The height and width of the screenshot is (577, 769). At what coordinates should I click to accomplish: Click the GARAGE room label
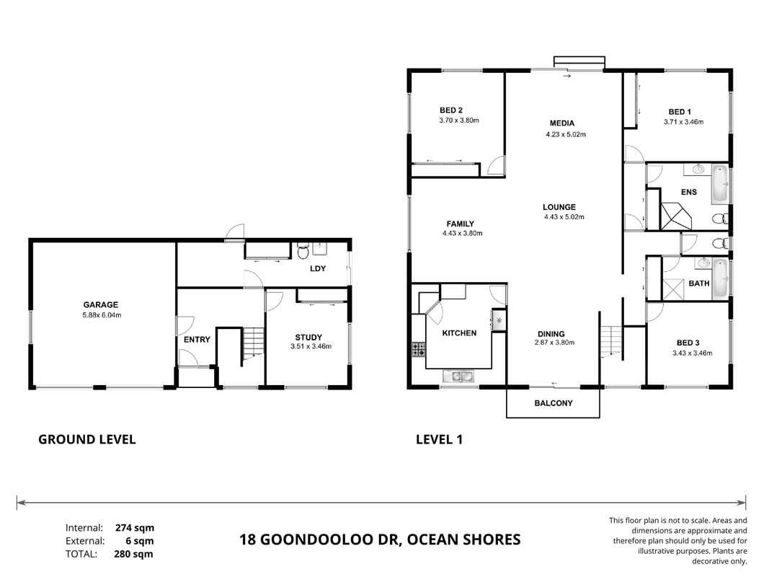click(100, 304)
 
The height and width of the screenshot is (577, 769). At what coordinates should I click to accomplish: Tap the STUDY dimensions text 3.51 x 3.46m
click(311, 346)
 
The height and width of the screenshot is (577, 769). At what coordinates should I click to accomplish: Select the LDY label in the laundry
click(318, 268)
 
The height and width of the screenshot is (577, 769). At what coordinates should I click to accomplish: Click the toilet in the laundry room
click(303, 250)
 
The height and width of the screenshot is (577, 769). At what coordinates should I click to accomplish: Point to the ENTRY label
click(197, 340)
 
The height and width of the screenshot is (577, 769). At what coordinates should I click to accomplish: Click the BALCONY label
click(554, 403)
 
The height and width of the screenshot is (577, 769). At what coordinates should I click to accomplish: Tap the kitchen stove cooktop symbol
click(418, 349)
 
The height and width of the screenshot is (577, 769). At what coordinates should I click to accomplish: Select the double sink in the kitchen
click(458, 376)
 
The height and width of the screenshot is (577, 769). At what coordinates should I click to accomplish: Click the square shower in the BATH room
click(672, 289)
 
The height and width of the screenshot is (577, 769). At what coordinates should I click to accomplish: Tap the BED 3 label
click(688, 343)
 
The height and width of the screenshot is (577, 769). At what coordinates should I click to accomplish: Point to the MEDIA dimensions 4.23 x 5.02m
click(566, 134)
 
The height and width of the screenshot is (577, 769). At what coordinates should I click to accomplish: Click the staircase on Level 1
click(612, 340)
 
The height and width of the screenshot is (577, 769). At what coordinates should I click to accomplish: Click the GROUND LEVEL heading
click(86, 439)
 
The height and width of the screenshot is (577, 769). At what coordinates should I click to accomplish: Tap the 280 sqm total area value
click(134, 554)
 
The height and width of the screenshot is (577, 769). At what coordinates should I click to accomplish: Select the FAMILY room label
click(460, 224)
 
